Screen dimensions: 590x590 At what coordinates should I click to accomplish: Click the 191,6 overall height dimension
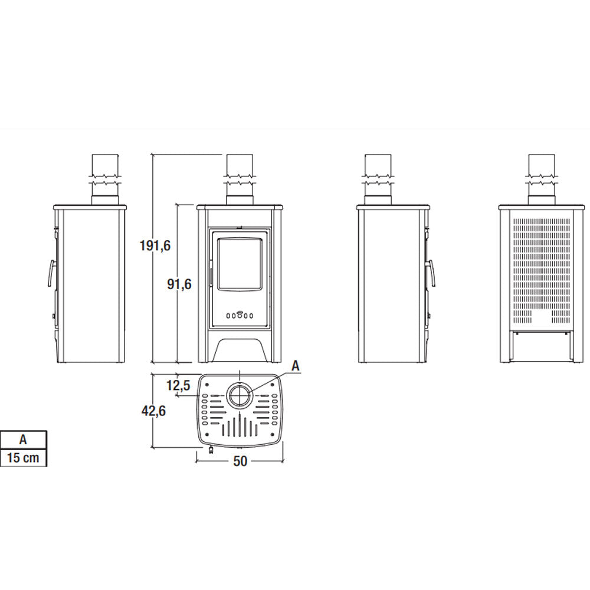tap(155, 245)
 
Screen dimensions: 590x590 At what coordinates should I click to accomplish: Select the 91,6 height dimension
tap(179, 284)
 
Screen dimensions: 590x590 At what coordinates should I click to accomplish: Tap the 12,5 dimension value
tap(178, 385)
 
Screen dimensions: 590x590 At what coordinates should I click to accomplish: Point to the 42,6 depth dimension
tap(153, 411)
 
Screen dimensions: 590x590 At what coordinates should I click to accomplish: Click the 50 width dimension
tap(240, 461)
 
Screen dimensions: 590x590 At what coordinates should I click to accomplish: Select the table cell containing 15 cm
tap(24, 458)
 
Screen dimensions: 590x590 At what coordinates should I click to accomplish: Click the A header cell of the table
tap(24, 440)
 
